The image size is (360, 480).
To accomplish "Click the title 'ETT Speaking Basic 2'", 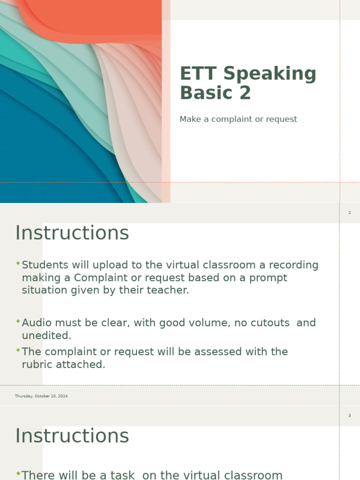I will [x=248, y=83].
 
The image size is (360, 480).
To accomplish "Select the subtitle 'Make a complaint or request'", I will [x=238, y=119].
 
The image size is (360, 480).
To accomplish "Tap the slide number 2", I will [x=349, y=213].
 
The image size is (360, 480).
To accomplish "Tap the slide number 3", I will [x=349, y=416].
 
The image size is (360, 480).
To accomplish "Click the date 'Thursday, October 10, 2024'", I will [x=41, y=396].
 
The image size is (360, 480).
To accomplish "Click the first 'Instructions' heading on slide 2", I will [x=72, y=233].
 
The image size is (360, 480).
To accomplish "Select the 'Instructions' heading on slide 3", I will [x=72, y=436].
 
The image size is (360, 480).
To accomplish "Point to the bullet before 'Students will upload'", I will [x=18, y=264].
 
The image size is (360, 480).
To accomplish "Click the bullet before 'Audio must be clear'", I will [x=18, y=322].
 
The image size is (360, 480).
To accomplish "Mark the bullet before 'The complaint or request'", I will [x=18, y=350].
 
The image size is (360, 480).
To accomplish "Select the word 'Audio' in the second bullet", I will [x=36, y=323].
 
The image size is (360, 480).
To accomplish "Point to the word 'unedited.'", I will [x=46, y=336].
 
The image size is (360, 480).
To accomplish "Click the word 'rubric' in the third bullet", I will [x=37, y=365].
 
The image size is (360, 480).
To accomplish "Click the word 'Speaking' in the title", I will [x=269, y=74].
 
